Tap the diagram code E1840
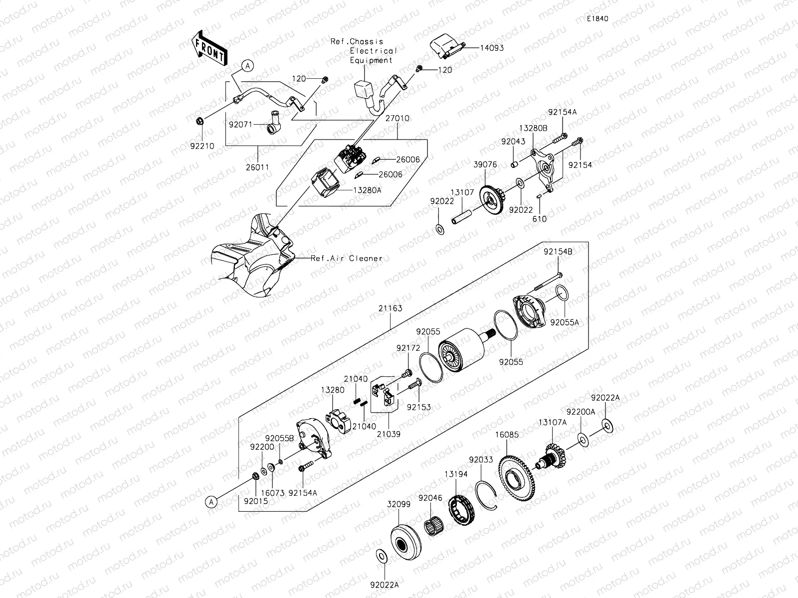point(597,19)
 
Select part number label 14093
point(492,48)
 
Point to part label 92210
point(202,147)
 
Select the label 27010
point(397,119)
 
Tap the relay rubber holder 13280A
point(325,184)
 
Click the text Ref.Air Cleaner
point(346,258)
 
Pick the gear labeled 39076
point(493,200)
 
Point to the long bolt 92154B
point(548,282)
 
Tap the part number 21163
point(390,308)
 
